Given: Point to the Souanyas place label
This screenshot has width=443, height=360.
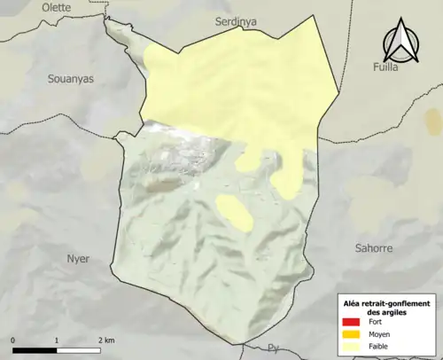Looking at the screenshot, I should tap(70, 79).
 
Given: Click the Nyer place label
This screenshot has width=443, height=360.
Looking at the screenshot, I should tap(78, 259).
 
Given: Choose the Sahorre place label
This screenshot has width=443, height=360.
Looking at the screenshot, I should tap(372, 248).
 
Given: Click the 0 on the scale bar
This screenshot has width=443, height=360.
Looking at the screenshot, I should tap(13, 340).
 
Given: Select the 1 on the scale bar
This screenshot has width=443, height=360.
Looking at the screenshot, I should tap(57, 340).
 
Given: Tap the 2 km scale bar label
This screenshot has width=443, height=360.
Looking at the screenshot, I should tap(105, 340).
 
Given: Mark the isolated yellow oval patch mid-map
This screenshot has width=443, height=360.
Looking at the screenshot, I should tap(232, 210).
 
